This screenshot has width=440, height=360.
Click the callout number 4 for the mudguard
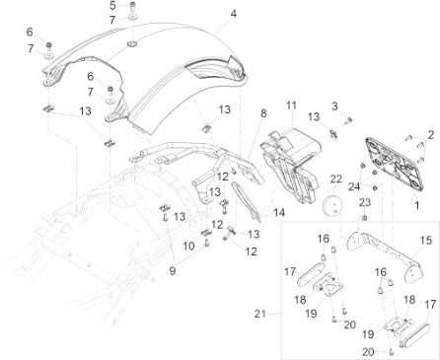click(x=233, y=14)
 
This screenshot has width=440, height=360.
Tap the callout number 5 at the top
click(x=112, y=5)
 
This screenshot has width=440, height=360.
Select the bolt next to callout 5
click(x=133, y=6)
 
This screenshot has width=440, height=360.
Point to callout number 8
click(x=263, y=113)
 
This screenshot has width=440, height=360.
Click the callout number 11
click(x=291, y=106)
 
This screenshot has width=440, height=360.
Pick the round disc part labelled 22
click(x=331, y=205)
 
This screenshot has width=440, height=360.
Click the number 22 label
click(x=336, y=180)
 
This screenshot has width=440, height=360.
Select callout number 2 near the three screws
click(x=431, y=134)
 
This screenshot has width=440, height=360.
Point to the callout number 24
click(x=354, y=186)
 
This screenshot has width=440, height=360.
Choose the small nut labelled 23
click(x=364, y=217)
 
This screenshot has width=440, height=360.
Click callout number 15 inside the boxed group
click(x=426, y=240)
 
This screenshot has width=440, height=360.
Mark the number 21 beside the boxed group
click(x=259, y=314)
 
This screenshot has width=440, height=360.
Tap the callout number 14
click(x=279, y=212)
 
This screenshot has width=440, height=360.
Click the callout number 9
click(x=173, y=271)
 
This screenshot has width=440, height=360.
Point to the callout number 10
click(x=188, y=246)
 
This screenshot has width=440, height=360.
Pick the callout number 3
click(x=334, y=107)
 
